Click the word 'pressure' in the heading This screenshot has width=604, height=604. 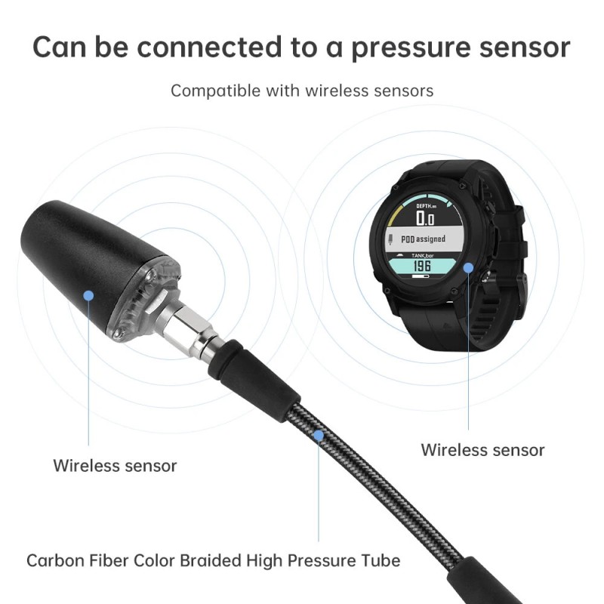411,48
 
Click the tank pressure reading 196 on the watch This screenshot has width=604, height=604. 422,266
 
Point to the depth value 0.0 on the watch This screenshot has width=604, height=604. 425,218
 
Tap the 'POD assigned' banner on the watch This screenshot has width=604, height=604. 423,239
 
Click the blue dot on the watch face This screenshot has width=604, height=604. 468,268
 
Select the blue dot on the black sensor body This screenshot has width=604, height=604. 88,295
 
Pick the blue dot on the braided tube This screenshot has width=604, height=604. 319,436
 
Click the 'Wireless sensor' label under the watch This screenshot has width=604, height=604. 482,450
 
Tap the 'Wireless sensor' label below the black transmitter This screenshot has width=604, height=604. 115,466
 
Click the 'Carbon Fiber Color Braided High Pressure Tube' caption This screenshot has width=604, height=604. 214,561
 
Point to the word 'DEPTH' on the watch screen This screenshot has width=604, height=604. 424,206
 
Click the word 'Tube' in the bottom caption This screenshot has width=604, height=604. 381,561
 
